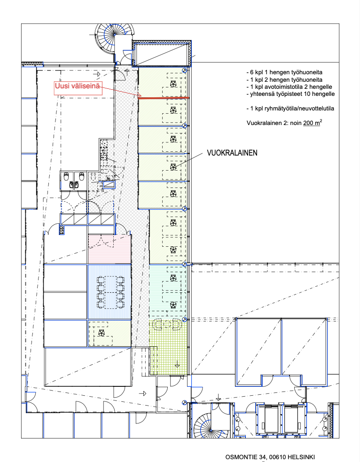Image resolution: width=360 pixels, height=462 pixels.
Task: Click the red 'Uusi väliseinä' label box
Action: coord(78,88)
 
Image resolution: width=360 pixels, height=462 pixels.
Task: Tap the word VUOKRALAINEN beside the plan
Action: coord(232,153)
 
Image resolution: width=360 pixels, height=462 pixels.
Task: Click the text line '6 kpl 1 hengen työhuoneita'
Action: coord(285,72)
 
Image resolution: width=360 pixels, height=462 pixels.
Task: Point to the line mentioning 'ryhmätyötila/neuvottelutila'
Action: coord(290,109)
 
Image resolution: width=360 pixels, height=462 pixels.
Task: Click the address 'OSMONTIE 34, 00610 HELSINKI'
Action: coord(270,457)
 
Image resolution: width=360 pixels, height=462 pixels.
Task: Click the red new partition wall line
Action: coord(164,98)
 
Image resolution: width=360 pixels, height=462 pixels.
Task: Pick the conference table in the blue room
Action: coord(110,292)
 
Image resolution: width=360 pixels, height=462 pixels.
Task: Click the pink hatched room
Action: coord(110,249)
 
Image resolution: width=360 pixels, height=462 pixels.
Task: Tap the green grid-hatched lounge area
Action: coord(168,347)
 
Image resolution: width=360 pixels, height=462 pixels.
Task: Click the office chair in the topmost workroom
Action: coord(173,84)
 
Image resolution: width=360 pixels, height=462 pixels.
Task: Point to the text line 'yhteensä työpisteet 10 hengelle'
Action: coord(290,94)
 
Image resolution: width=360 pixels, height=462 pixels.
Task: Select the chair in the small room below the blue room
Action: coord(101,333)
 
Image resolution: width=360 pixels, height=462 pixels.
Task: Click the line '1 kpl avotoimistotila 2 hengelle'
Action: coord(290,87)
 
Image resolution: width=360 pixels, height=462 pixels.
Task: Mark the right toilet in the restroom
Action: coord(81,177)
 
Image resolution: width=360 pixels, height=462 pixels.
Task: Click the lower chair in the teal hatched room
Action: coord(173,305)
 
